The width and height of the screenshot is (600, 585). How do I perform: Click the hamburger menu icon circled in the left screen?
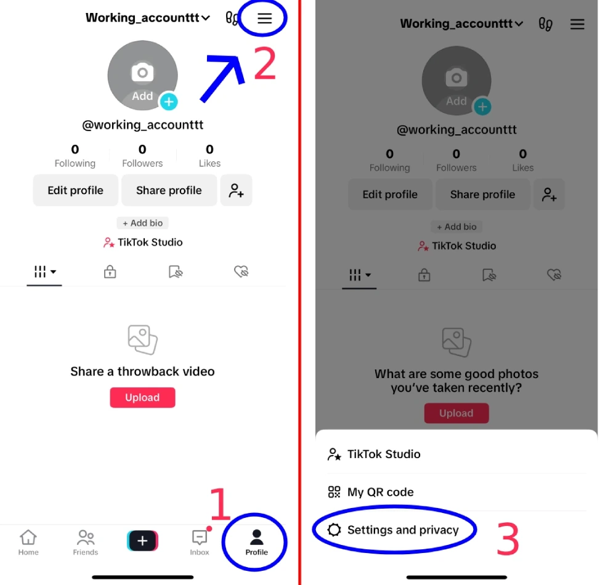click(x=264, y=18)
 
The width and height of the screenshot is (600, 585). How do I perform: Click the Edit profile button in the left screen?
click(x=75, y=190)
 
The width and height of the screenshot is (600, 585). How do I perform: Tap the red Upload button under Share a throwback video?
click(x=142, y=398)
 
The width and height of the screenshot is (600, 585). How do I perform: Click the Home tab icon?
click(x=28, y=542)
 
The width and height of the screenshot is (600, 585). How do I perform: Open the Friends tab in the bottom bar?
click(x=86, y=542)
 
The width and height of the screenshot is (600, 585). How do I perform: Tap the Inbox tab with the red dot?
click(x=200, y=542)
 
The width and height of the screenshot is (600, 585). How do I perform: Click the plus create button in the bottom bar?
click(x=142, y=541)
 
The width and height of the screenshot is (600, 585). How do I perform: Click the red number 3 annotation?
click(x=508, y=540)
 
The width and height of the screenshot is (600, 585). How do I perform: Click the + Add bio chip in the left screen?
click(x=142, y=223)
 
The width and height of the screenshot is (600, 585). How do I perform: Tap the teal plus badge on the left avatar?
click(x=169, y=102)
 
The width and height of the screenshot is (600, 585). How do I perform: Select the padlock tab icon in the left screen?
click(x=110, y=272)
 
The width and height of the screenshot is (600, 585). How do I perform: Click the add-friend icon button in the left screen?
click(x=236, y=190)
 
